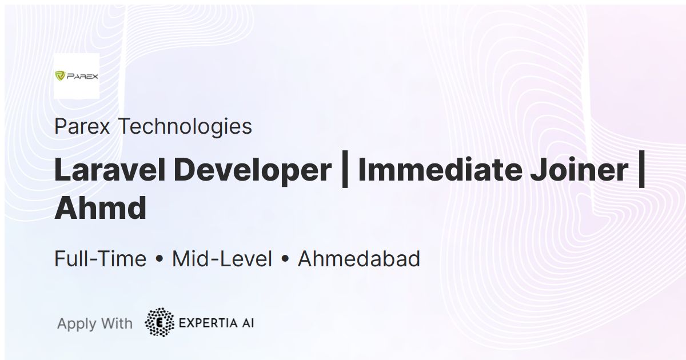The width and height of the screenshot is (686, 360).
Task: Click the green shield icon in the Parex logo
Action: (x=60, y=75)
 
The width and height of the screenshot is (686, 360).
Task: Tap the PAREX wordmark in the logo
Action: (x=82, y=76)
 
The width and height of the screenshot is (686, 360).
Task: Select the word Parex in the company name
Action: (x=82, y=126)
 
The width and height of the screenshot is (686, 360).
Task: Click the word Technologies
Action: (x=185, y=127)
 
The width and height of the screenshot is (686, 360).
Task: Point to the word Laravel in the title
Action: (x=110, y=170)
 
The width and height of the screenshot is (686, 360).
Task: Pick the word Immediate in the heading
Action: (x=440, y=170)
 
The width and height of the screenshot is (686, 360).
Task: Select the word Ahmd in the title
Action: (x=101, y=208)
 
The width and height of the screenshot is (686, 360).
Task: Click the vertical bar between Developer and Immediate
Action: (x=345, y=169)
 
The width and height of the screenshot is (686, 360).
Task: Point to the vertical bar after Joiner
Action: (x=642, y=169)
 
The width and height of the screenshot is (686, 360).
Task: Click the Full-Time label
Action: (x=101, y=259)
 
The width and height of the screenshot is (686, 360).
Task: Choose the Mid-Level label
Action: (x=222, y=259)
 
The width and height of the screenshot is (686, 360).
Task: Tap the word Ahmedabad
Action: (x=359, y=259)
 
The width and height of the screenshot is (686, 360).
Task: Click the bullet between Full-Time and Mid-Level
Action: (x=159, y=259)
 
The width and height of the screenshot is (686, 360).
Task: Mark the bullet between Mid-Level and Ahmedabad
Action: (x=285, y=259)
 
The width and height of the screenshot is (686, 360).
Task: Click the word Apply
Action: (x=77, y=324)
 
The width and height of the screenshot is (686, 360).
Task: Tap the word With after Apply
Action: (x=117, y=323)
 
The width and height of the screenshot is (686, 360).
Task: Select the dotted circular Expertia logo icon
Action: (x=159, y=322)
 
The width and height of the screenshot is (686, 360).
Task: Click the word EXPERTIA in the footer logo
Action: (x=208, y=323)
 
